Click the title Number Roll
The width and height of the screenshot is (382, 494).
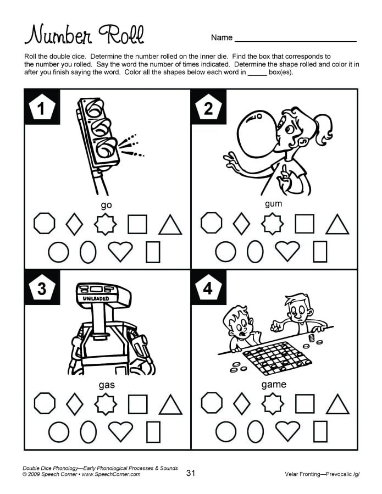click(84, 35)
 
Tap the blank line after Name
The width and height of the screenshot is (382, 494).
click(295, 38)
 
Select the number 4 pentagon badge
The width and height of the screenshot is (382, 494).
click(208, 288)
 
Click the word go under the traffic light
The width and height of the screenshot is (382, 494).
click(106, 205)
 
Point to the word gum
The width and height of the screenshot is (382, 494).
click(273, 204)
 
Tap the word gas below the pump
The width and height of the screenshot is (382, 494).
click(106, 385)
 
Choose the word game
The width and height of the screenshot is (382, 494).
click(273, 385)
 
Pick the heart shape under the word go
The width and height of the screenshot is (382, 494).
click(120, 252)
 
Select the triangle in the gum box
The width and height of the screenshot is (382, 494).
click(337, 224)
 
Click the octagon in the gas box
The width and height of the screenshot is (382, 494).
click(45, 404)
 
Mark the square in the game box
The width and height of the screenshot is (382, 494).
click(305, 404)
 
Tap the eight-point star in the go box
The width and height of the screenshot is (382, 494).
click(106, 224)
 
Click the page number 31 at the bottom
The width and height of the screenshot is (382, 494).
click(191, 473)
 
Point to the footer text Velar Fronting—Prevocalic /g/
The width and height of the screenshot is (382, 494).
click(321, 474)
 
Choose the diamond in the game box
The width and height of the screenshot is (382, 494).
click(241, 404)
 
